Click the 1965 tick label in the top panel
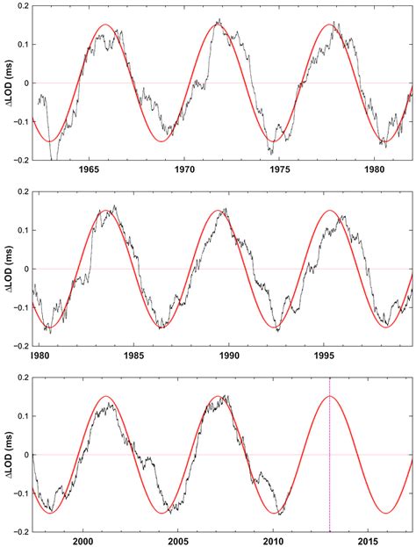[x=89, y=170]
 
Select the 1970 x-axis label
[x=184, y=170]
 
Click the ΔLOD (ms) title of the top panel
[x=8, y=83]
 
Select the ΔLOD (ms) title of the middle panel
[x=8, y=269]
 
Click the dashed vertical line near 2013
[x=329, y=474]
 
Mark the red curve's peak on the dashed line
[x=329, y=396]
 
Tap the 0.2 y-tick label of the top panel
[x=21, y=6]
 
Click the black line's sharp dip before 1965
[x=54, y=159]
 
